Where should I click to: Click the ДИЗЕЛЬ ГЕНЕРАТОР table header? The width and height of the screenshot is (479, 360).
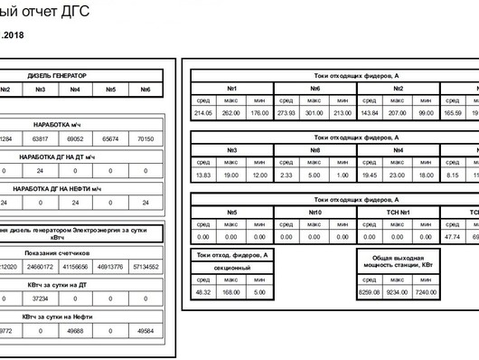[57, 76]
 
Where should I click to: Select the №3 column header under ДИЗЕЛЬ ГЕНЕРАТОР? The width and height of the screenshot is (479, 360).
[40, 90]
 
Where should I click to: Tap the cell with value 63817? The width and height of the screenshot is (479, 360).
[40, 139]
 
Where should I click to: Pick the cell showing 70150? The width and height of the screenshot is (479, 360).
[146, 139]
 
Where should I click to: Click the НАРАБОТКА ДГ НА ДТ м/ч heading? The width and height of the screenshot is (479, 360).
[57, 156]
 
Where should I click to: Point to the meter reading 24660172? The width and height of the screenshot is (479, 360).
[40, 267]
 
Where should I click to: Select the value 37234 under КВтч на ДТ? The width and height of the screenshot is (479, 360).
[40, 298]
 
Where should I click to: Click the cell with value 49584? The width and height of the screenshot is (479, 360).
[146, 331]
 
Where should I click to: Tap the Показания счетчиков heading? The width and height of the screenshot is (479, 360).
[57, 253]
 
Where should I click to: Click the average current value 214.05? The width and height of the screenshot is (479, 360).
[203, 113]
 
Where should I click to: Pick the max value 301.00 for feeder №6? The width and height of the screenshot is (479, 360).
[314, 113]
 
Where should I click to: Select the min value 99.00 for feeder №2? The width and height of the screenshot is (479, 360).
[427, 113]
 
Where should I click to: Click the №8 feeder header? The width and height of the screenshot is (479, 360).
[315, 150]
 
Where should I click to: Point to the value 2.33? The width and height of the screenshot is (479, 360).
[286, 175]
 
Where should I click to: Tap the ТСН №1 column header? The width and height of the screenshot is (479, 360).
[398, 213]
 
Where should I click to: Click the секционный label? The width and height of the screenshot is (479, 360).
[232, 268]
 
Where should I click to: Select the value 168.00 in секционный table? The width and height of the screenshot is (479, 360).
[231, 292]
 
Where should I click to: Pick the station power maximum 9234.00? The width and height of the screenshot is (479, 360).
[397, 292]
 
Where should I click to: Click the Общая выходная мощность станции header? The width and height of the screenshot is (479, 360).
[398, 261]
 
